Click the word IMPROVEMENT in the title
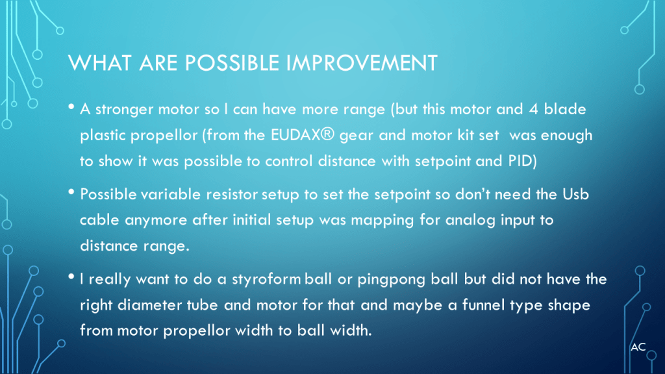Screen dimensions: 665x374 [361, 63]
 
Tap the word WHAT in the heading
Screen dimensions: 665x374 [99, 63]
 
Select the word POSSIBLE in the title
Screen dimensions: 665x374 [232, 63]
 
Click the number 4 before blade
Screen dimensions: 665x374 [533, 109]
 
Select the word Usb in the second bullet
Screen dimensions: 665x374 [575, 194]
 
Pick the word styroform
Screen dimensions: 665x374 [266, 280]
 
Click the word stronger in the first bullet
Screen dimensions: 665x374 [124, 110]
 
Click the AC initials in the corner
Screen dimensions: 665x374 [638, 347]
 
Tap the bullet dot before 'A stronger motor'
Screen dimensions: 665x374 [71, 107]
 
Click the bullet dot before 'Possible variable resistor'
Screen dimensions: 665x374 [71, 192]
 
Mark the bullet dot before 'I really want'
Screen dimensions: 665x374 [71, 277]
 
